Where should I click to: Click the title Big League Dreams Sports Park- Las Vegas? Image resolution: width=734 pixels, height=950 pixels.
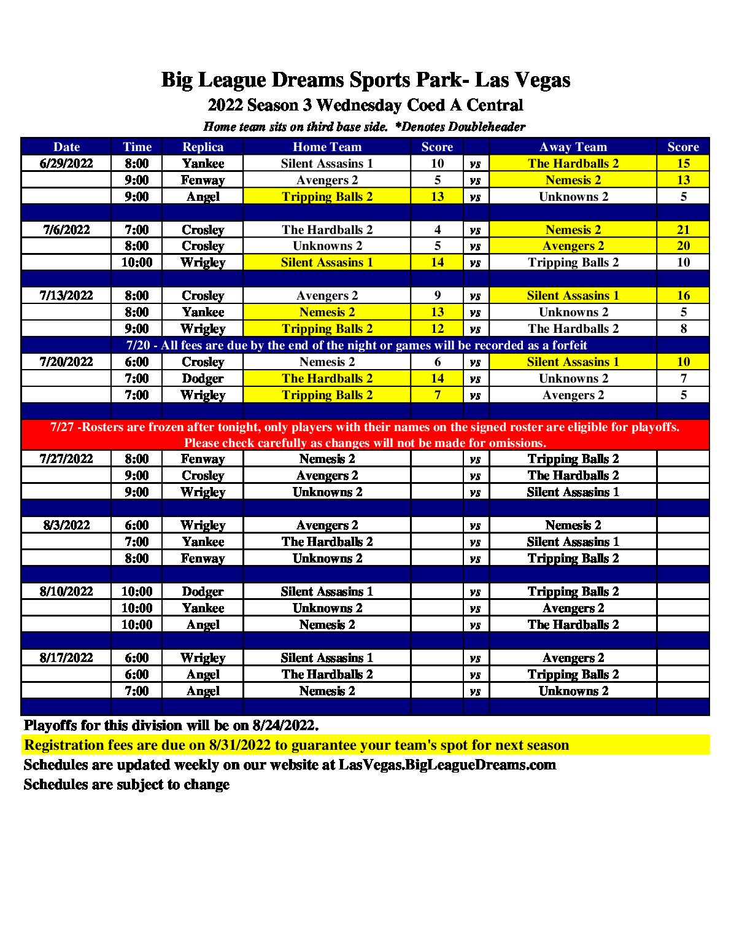pyautogui.click(x=366, y=80)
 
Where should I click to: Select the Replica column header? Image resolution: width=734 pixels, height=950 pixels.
pyautogui.click(x=203, y=147)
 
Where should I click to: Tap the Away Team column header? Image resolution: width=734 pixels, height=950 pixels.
pyautogui.click(x=573, y=147)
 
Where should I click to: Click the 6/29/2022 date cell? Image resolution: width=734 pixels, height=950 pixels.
pyautogui.click(x=66, y=163)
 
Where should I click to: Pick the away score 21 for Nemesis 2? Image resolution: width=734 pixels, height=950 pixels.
pyautogui.click(x=683, y=230)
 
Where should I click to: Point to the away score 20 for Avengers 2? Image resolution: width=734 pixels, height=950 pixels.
pyautogui.click(x=683, y=246)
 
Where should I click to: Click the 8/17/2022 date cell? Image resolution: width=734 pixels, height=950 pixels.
pyautogui.click(x=66, y=658)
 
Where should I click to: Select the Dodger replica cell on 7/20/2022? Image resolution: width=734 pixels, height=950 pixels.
pyautogui.click(x=203, y=378)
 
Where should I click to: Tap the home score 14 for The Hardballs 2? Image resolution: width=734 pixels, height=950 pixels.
pyautogui.click(x=437, y=378)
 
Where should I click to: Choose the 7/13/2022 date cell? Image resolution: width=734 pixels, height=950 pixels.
pyautogui.click(x=66, y=295)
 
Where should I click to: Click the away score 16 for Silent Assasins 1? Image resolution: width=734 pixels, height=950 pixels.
pyautogui.click(x=683, y=295)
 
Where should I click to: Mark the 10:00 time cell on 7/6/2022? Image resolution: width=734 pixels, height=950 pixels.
pyautogui.click(x=136, y=263)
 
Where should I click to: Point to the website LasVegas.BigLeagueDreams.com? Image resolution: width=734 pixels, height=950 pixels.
pyautogui.click(x=447, y=765)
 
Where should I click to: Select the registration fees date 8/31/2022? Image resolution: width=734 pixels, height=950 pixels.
pyautogui.click(x=240, y=746)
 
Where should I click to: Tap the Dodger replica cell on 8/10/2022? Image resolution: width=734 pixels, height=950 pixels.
pyautogui.click(x=203, y=591)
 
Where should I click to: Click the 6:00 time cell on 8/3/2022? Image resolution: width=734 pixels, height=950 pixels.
pyautogui.click(x=136, y=525)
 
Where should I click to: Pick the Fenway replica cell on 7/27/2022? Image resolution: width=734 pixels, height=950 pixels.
pyautogui.click(x=203, y=459)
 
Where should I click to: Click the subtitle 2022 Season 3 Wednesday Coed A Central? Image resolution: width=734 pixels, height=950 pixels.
pyautogui.click(x=366, y=106)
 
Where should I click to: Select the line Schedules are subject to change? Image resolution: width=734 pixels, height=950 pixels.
pyautogui.click(x=126, y=785)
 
